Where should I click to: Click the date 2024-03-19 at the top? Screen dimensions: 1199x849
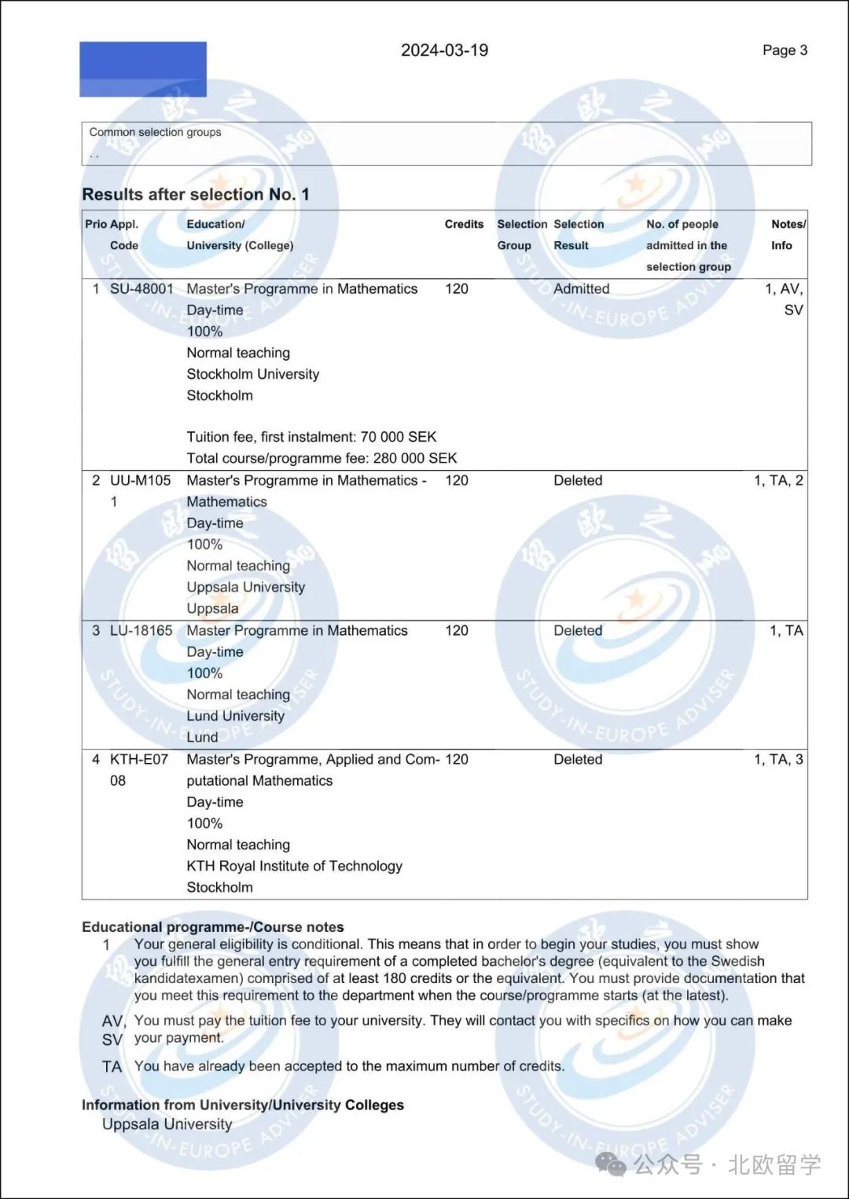[444, 50]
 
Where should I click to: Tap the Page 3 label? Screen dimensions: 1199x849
[785, 50]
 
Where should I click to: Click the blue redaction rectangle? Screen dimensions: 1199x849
[143, 69]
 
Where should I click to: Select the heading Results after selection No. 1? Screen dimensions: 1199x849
[196, 194]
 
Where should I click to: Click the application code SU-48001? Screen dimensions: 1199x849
[141, 288]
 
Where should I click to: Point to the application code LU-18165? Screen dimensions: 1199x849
[141, 630]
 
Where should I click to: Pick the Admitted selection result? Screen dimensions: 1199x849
[581, 288]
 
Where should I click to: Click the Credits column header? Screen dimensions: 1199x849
[464, 224]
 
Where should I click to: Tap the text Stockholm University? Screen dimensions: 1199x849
[252, 374]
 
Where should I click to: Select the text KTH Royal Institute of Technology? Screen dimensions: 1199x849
[294, 866]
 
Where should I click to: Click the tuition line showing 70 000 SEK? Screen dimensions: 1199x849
[311, 437]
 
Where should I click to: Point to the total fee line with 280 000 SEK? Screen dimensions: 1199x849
[322, 458]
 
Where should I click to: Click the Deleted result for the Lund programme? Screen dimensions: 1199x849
[578, 630]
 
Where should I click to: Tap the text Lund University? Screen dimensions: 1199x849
[235, 716]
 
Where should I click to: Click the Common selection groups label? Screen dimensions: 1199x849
[155, 132]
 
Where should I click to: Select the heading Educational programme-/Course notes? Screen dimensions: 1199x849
[213, 927]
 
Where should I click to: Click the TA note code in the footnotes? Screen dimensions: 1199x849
[112, 1066]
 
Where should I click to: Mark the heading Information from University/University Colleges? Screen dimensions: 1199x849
[243, 1105]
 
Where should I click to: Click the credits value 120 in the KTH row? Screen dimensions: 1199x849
[457, 759]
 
